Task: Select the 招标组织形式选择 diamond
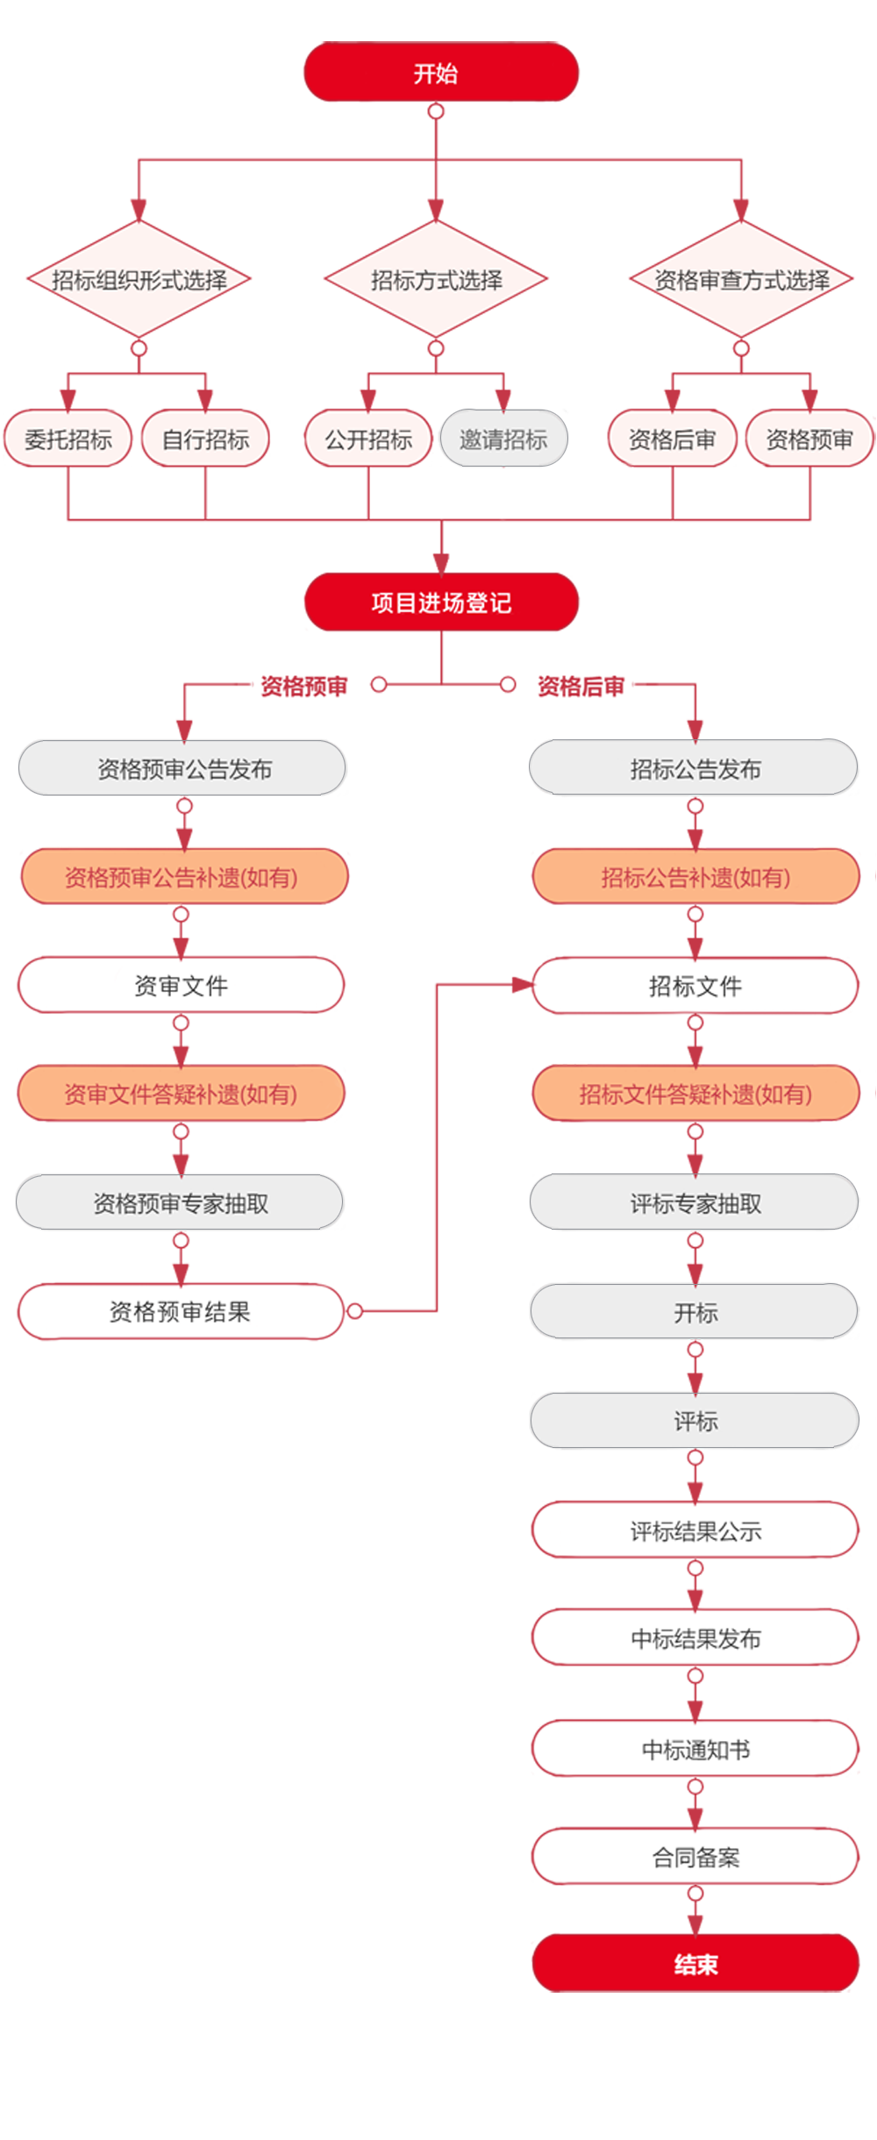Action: (x=139, y=280)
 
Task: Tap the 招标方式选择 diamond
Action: (x=436, y=280)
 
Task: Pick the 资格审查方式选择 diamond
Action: (x=742, y=280)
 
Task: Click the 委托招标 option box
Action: (x=68, y=439)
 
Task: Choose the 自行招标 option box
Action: (x=205, y=439)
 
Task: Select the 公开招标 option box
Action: (x=368, y=439)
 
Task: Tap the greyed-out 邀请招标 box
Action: (x=503, y=439)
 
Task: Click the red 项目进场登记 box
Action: (x=441, y=603)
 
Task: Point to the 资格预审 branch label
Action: (x=303, y=685)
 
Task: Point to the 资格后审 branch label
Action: (x=581, y=685)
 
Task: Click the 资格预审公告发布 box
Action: (x=183, y=768)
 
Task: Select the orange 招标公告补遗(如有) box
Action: (x=695, y=877)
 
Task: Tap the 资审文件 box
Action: (x=181, y=985)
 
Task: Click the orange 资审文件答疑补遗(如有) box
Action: (x=181, y=1094)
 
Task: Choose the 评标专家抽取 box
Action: (x=695, y=1202)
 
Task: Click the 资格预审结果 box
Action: (x=180, y=1311)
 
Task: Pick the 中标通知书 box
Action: (x=695, y=1749)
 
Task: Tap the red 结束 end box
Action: (x=695, y=1964)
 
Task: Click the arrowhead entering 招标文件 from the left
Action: (x=523, y=985)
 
